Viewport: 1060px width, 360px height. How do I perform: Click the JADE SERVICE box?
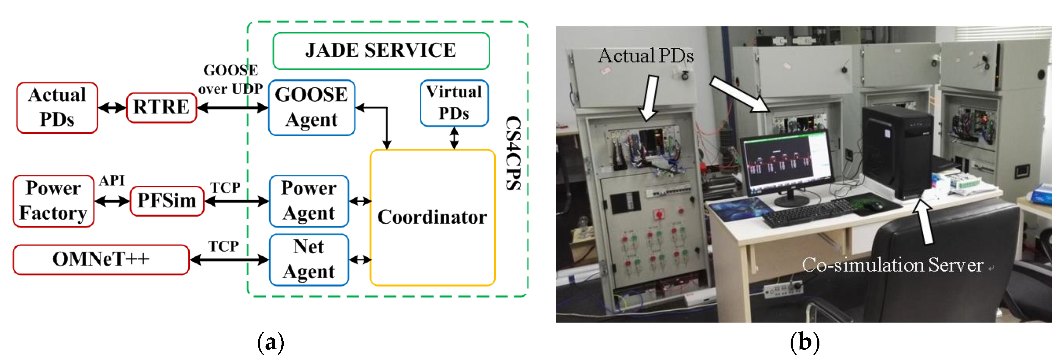point(381,50)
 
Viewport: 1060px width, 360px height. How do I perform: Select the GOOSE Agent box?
point(312,108)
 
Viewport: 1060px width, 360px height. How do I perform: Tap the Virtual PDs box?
point(454,103)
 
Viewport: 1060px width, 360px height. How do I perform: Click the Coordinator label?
point(432,217)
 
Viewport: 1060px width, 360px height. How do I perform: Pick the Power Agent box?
point(309,201)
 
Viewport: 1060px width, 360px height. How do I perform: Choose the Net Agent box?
point(309,260)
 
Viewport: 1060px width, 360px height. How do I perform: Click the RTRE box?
point(161,108)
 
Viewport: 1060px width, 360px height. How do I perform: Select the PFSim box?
point(167,201)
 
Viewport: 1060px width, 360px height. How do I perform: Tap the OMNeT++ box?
point(101,259)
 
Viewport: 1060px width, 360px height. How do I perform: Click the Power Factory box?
point(53,201)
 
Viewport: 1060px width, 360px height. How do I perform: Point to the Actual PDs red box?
point(57,108)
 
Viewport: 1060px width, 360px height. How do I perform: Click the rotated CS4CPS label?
point(513,153)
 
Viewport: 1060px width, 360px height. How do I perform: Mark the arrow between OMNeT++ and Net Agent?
point(229,260)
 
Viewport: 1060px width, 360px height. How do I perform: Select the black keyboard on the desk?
point(807,212)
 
